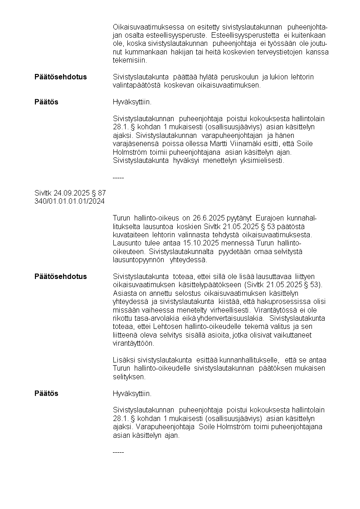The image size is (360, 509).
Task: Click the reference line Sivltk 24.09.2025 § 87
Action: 70,193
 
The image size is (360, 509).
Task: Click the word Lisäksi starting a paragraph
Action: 123,360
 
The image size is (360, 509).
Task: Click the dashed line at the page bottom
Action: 118,452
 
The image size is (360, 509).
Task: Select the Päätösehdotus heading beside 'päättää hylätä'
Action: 60,77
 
